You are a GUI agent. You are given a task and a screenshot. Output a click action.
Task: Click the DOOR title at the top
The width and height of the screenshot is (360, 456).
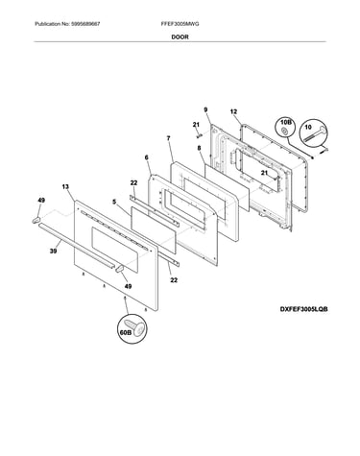(x=180, y=36)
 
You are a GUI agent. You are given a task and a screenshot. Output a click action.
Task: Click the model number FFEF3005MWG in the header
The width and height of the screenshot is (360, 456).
(x=180, y=24)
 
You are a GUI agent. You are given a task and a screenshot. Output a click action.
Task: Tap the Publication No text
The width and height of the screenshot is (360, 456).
(x=67, y=24)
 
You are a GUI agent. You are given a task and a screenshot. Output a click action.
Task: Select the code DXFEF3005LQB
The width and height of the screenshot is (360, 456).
(x=303, y=309)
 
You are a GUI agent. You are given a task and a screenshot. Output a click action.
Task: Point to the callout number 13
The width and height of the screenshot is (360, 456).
(x=65, y=186)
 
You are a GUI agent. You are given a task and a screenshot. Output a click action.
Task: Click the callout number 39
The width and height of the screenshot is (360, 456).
(x=53, y=252)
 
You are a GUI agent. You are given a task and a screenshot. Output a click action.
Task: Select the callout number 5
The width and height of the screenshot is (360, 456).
(x=114, y=202)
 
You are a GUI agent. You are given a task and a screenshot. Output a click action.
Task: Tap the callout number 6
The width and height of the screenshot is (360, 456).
(x=147, y=157)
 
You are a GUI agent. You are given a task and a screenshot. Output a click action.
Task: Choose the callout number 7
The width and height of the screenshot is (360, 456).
(x=168, y=138)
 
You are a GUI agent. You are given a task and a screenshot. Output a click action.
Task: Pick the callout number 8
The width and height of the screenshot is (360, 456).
(x=199, y=148)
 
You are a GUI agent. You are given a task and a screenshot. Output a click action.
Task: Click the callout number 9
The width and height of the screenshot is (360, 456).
(x=205, y=109)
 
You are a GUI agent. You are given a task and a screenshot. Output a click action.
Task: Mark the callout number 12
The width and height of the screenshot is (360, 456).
(x=233, y=111)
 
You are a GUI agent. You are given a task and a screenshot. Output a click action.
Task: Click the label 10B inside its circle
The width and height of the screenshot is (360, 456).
(x=286, y=123)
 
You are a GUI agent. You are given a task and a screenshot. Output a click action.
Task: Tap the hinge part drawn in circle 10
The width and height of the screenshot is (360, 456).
(x=315, y=134)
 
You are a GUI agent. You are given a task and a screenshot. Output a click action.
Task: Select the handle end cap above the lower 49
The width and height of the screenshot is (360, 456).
(x=120, y=269)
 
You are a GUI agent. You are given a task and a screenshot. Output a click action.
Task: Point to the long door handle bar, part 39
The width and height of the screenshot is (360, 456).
(x=76, y=245)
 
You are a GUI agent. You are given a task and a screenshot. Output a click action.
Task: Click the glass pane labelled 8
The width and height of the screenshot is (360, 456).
(x=227, y=187)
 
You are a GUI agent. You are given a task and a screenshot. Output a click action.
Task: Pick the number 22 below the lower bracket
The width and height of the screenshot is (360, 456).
(x=174, y=280)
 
